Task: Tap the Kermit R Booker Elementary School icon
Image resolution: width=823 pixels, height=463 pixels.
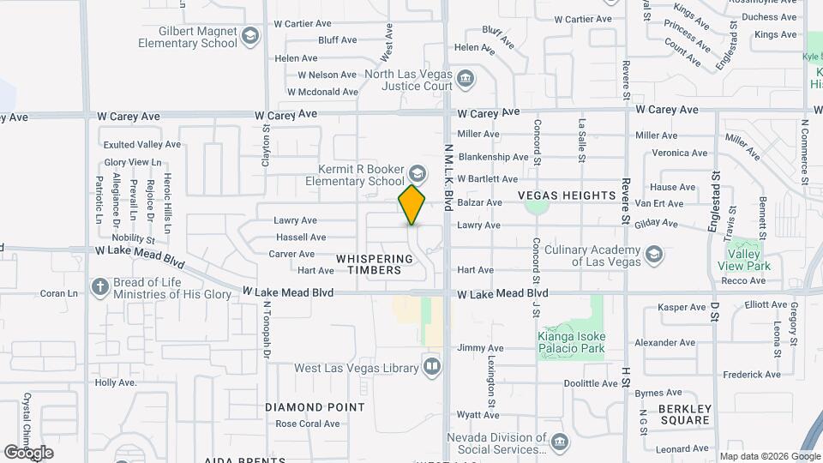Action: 418,171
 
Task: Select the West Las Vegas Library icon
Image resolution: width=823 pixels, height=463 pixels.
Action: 432,368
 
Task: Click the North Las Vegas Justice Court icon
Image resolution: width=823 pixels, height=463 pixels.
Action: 466,80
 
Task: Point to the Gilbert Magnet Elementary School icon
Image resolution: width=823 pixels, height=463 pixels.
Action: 249,37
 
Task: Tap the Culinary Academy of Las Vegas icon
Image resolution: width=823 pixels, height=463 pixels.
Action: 654,255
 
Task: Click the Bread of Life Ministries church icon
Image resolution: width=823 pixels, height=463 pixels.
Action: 100,286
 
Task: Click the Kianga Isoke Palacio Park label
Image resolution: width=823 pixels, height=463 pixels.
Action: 571,342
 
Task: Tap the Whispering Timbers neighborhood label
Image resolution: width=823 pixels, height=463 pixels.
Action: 369,264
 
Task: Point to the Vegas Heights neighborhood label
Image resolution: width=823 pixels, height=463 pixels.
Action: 567,195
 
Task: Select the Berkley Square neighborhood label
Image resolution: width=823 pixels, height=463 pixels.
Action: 685,414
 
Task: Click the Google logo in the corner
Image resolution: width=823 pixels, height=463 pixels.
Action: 28,453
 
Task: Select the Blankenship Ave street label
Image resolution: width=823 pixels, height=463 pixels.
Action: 493,157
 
